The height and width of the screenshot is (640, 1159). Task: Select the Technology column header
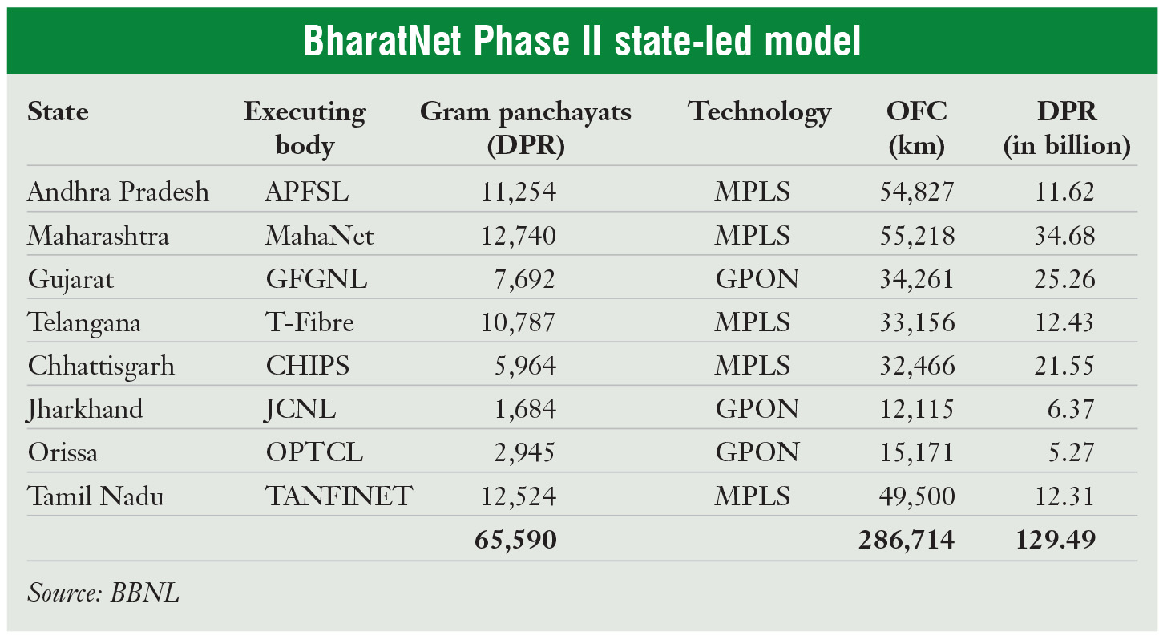point(758,113)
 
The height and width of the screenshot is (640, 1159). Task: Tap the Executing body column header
point(305,128)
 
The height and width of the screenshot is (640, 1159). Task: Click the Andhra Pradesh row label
point(118,192)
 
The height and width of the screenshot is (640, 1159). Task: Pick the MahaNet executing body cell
point(320,237)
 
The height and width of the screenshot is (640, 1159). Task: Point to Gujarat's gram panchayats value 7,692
point(525,280)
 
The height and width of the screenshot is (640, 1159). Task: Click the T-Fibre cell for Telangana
point(310,323)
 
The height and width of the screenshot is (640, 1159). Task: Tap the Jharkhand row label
point(85,410)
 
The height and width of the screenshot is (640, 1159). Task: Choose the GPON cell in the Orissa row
point(757,453)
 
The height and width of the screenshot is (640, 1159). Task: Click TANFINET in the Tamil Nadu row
point(338,496)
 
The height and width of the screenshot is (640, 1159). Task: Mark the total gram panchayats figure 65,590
point(515,540)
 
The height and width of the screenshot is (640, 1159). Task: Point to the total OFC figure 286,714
point(906,540)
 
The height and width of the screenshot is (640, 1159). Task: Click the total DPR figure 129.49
point(1056,540)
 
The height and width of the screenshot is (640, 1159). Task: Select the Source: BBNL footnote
point(103,593)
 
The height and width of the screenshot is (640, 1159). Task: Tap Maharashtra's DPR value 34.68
point(1062,237)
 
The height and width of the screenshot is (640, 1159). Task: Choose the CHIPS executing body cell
point(308,367)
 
